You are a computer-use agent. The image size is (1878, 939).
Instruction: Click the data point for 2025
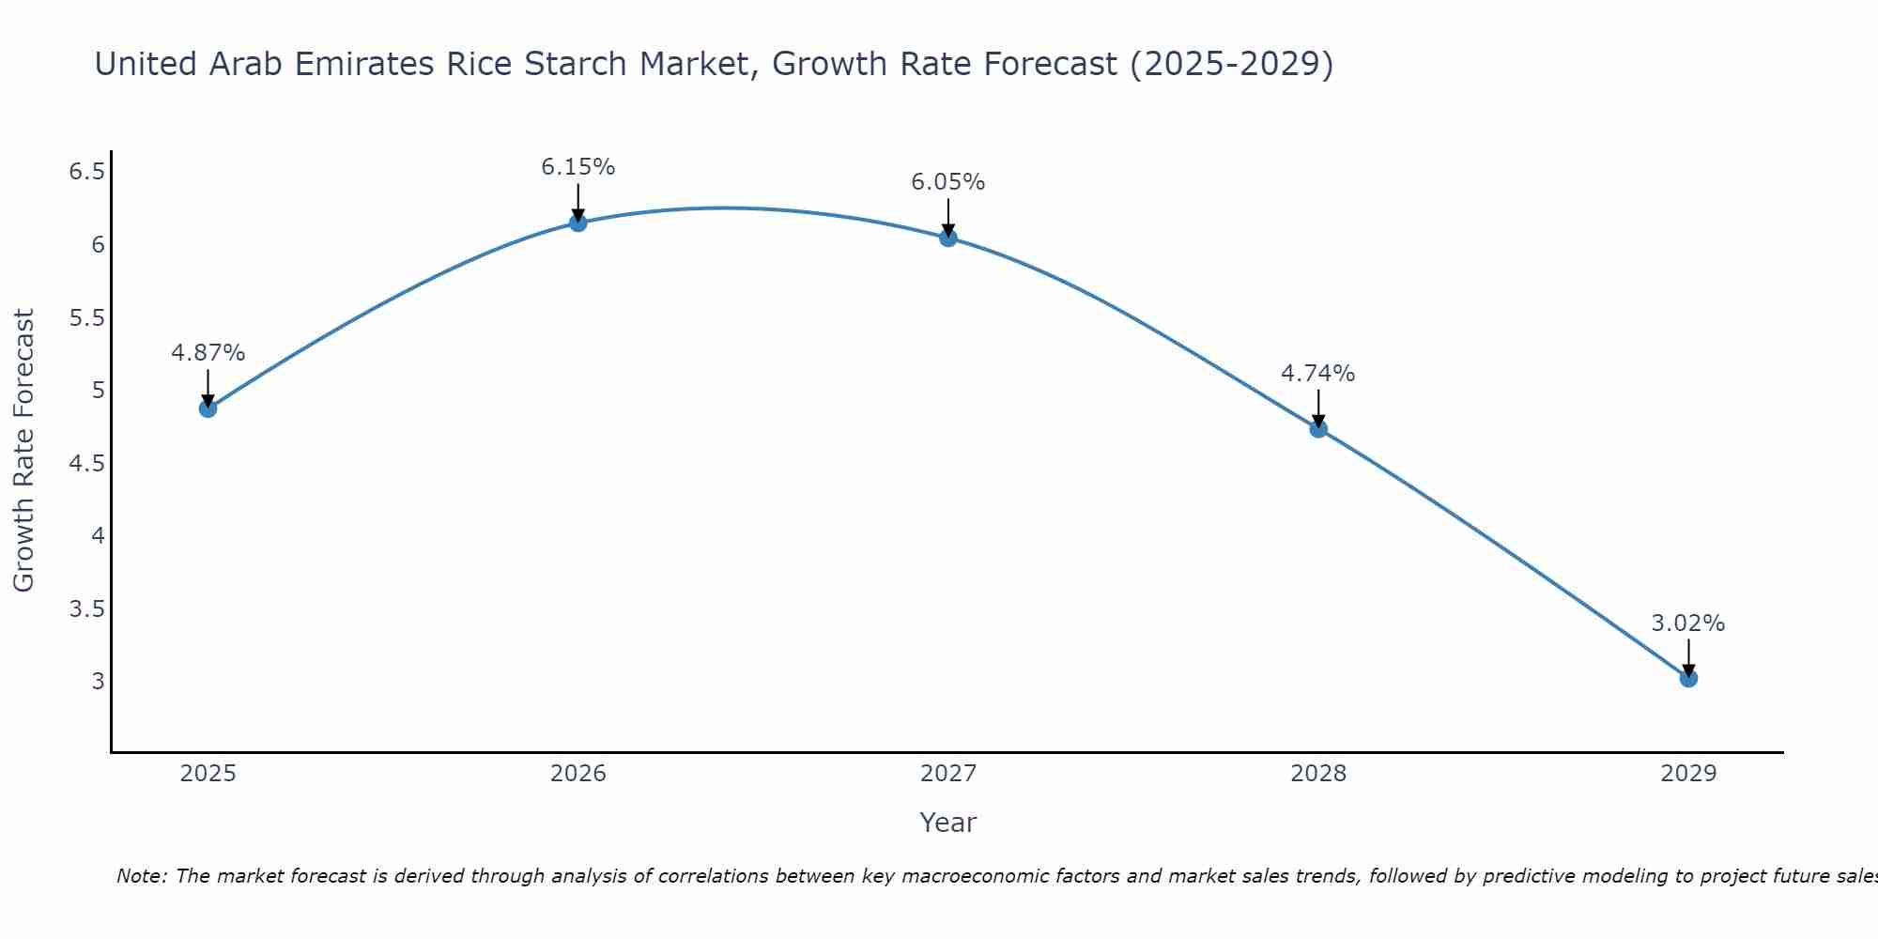[208, 408]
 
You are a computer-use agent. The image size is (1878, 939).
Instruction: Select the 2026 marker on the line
[578, 223]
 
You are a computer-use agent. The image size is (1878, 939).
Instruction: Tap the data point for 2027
[948, 238]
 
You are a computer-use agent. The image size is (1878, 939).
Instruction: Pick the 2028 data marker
[1318, 429]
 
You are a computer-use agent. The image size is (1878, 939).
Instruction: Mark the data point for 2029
[1688, 678]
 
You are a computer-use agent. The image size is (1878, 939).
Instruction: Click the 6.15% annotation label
[578, 167]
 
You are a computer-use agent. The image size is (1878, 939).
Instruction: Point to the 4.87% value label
[208, 353]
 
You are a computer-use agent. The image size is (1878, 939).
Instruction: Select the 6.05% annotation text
[948, 182]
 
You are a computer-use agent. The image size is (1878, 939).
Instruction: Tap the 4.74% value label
[1318, 374]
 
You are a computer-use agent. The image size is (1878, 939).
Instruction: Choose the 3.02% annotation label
[1688, 623]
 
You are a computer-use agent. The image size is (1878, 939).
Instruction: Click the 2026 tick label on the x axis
[578, 774]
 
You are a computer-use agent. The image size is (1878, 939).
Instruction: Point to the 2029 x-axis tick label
[1688, 774]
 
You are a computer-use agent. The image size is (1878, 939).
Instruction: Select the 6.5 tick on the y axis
[87, 172]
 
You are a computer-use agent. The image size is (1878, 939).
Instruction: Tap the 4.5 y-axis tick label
[87, 464]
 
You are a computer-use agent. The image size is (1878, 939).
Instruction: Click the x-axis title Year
[948, 823]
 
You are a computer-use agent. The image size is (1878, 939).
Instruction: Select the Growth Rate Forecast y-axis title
[24, 451]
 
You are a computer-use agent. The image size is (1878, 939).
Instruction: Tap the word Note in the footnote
[141, 876]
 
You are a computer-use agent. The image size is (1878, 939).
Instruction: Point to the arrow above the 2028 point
[1318, 406]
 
